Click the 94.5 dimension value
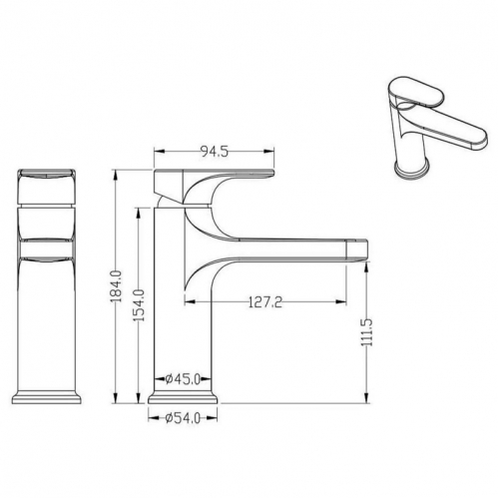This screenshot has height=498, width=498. click(215, 152)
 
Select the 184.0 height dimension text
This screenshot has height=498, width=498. click(117, 286)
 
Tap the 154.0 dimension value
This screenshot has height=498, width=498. click(139, 305)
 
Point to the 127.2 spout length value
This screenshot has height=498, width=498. click(265, 302)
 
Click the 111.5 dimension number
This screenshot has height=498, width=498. click(367, 332)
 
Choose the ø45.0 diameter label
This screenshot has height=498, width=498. click(183, 378)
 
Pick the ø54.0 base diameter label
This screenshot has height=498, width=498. click(183, 418)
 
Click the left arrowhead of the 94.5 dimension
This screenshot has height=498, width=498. click(159, 152)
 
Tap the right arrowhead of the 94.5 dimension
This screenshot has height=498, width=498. click(269, 152)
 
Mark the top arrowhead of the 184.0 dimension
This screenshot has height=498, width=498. click(116, 176)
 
